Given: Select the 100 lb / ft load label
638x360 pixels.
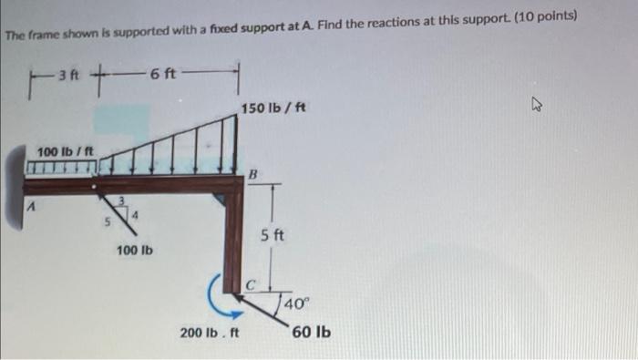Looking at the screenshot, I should click(x=60, y=150).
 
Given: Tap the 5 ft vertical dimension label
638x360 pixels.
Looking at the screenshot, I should click(x=273, y=234).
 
